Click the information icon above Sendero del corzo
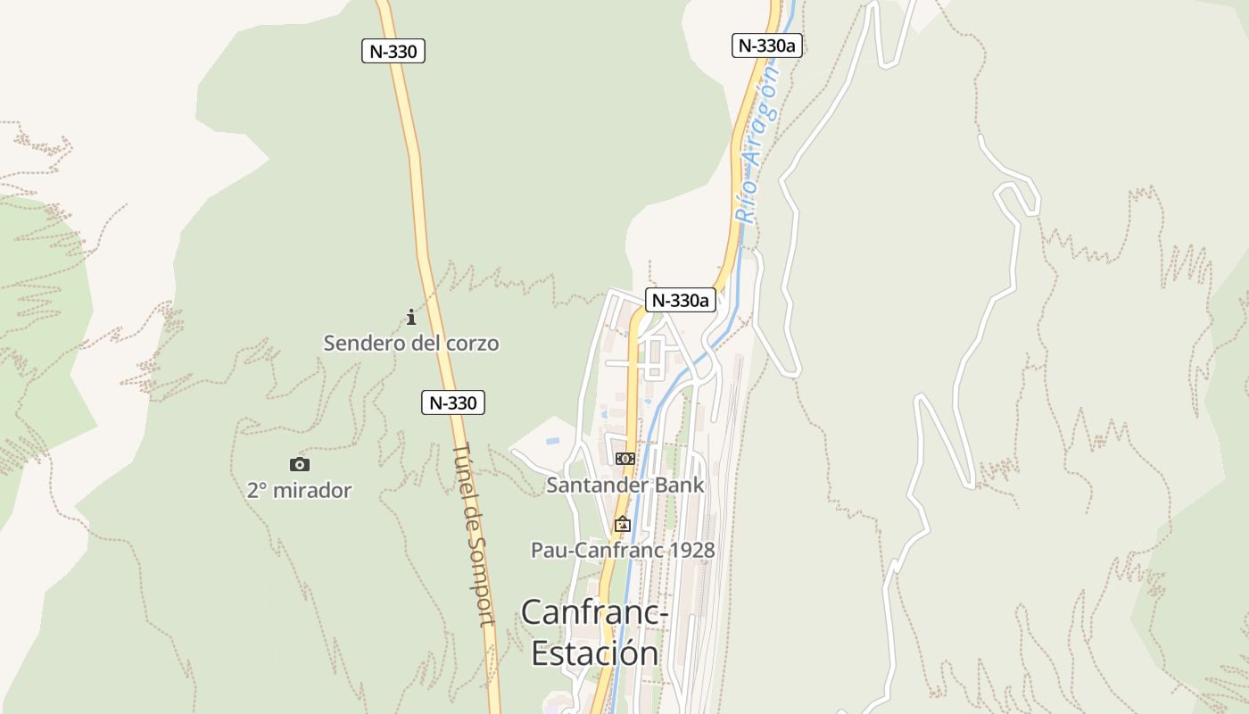[411, 317]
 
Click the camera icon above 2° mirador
[300, 464]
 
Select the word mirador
[312, 490]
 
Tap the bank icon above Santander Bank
[625, 458]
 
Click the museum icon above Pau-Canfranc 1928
[623, 524]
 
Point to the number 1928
[691, 550]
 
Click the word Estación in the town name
[595, 653]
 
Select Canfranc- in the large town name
[595, 612]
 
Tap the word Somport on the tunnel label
[481, 581]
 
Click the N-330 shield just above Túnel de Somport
[453, 403]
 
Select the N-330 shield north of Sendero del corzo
[393, 51]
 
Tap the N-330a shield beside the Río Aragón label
[767, 46]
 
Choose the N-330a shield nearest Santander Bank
[681, 300]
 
